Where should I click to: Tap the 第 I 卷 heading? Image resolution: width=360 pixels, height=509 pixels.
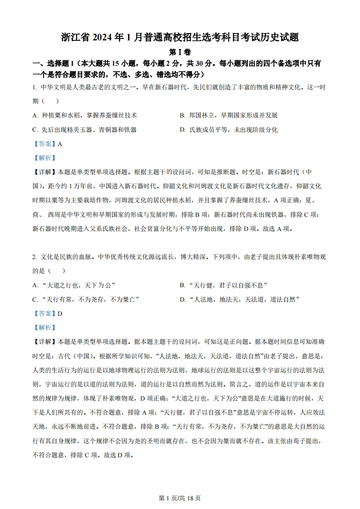[179, 52]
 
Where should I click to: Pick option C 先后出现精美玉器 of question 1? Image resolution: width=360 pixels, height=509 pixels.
[84, 130]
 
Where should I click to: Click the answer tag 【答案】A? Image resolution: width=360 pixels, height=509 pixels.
[47, 144]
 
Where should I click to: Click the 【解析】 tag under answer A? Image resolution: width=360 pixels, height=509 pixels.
[44, 158]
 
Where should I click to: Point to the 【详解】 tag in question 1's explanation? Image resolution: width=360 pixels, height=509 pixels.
[44, 172]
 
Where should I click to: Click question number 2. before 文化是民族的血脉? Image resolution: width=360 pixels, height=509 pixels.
[35, 257]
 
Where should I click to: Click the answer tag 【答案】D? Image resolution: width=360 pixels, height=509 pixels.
[47, 313]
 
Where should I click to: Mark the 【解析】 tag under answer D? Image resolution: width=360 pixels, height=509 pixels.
[44, 328]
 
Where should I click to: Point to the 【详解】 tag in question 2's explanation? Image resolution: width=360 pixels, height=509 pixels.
[44, 342]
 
